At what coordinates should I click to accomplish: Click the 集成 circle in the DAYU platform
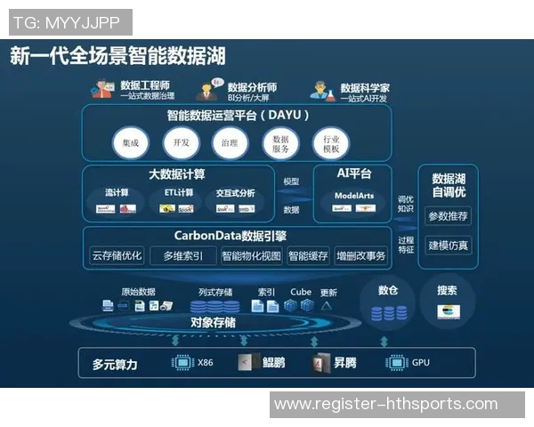(131, 143)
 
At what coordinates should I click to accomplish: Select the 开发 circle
(182, 143)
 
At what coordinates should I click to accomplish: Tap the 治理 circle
(231, 143)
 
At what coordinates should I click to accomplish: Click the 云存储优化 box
(117, 256)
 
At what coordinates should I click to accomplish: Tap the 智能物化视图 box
(251, 256)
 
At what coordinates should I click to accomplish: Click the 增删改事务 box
(361, 256)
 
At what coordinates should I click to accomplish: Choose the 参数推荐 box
(449, 216)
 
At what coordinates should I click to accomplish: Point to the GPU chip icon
(395, 362)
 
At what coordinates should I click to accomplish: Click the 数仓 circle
(388, 302)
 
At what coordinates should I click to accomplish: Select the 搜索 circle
(448, 302)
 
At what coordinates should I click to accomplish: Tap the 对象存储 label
(214, 322)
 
